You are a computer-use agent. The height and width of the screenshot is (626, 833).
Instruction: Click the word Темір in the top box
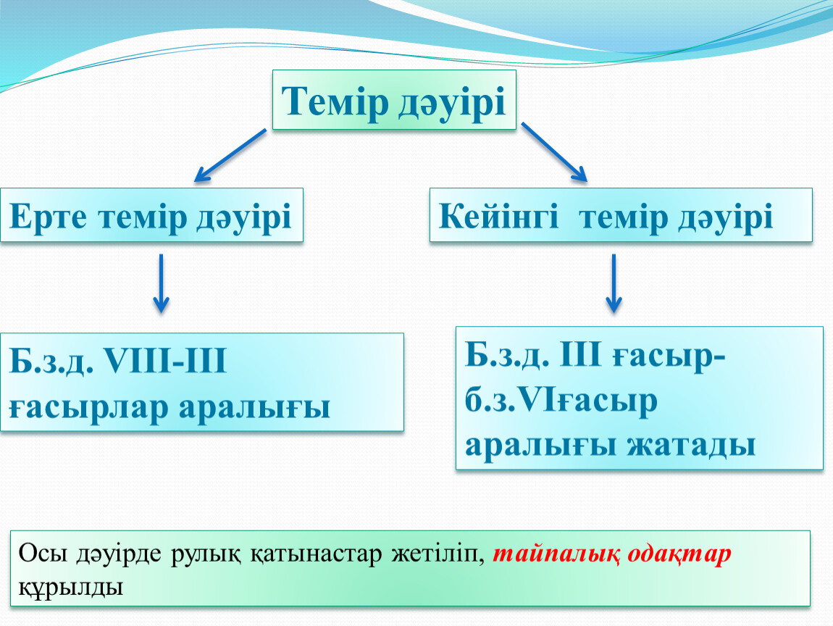click(335, 101)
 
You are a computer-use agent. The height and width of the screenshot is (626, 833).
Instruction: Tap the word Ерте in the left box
click(48, 217)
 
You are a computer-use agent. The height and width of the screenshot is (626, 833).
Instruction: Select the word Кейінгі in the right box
click(498, 217)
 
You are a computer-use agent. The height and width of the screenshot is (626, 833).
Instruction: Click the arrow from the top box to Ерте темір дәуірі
click(230, 155)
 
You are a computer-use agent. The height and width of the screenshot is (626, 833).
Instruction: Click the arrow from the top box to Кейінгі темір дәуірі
click(554, 152)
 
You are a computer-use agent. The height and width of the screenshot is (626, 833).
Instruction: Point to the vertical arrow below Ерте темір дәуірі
click(161, 283)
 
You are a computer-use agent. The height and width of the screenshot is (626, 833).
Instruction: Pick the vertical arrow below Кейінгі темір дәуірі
click(614, 283)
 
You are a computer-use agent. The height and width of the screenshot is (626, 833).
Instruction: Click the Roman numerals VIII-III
click(165, 361)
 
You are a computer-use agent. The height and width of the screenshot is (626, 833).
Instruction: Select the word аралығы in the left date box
click(254, 408)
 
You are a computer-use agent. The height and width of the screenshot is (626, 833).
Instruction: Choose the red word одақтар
click(679, 554)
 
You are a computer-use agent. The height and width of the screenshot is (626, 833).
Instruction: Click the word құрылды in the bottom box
click(71, 587)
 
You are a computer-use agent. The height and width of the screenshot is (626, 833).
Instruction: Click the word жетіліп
click(438, 554)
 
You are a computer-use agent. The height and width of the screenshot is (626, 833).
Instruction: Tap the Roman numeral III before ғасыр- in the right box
click(580, 354)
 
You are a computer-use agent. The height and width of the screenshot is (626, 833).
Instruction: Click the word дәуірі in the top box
click(451, 101)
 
